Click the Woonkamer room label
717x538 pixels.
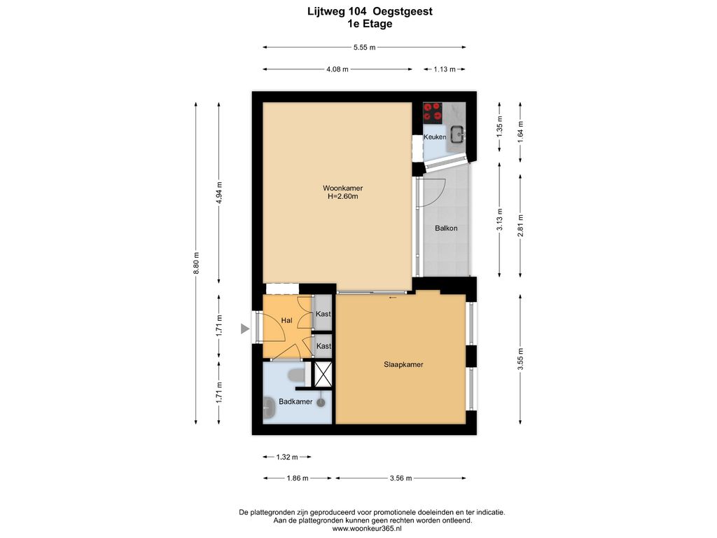click(342, 188)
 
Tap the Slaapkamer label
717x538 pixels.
click(403, 364)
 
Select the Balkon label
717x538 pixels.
click(446, 228)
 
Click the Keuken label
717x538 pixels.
click(434, 137)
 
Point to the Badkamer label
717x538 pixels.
click(295, 401)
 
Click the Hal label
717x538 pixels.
click(286, 321)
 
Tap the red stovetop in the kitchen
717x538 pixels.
click(433, 113)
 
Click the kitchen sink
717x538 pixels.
click(457, 134)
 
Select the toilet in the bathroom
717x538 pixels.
click(296, 375)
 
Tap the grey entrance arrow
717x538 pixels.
click(245, 329)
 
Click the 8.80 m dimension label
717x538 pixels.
click(196, 263)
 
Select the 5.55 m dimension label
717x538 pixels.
click(364, 47)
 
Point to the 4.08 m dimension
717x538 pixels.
click(337, 69)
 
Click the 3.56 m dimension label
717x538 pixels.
click(401, 478)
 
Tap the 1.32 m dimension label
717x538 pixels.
click(287, 457)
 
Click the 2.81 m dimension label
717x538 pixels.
click(520, 226)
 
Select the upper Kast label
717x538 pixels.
click(323, 314)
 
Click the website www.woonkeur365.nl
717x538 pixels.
click(367, 529)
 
